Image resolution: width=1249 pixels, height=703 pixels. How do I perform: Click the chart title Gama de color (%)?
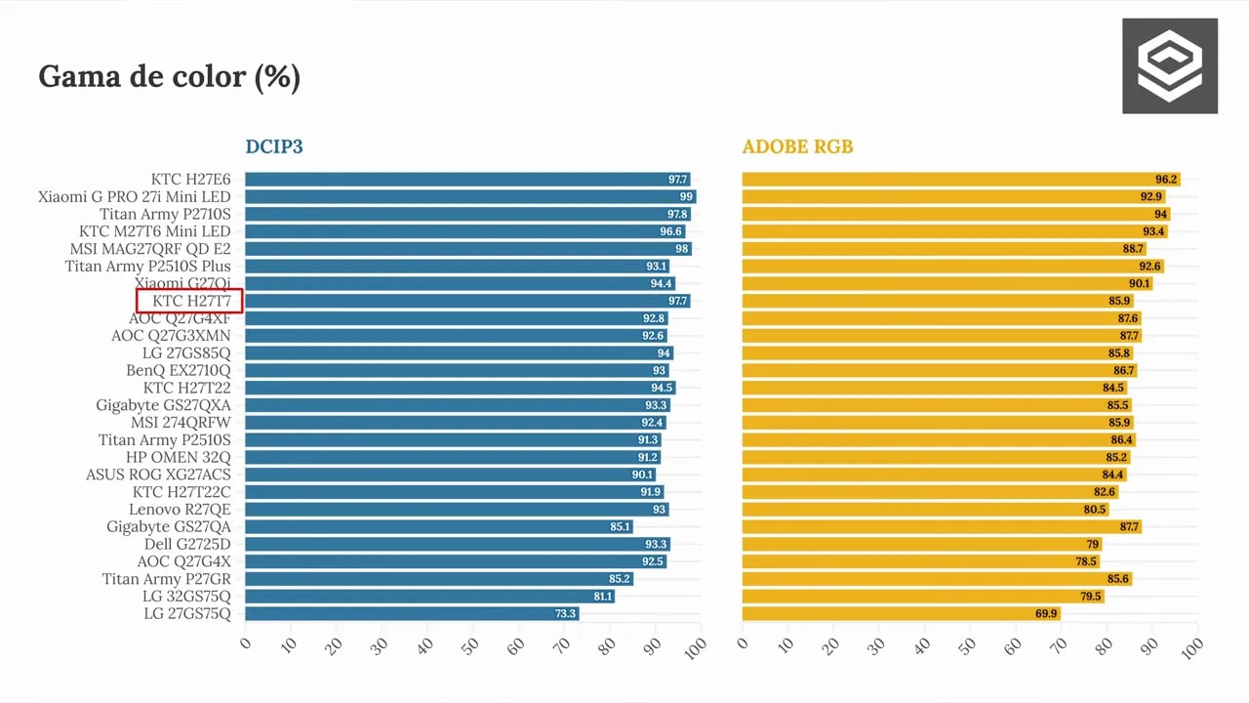(170, 77)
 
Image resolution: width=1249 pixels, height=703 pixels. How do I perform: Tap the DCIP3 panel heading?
(274, 146)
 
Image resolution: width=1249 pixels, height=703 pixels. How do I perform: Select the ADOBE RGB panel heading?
(797, 146)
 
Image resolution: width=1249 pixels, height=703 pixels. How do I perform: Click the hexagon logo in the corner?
(1170, 65)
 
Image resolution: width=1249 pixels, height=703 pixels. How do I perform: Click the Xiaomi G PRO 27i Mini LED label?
(134, 197)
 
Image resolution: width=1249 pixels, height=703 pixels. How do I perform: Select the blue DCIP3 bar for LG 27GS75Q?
(412, 614)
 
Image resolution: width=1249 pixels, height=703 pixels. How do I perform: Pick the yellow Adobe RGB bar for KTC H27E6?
(961, 179)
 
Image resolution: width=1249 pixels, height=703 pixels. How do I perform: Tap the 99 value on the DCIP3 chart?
(686, 197)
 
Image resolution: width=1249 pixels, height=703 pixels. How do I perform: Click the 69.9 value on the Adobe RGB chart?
(1046, 614)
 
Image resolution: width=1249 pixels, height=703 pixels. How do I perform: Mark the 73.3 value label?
(565, 614)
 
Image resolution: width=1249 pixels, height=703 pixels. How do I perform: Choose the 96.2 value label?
(1166, 179)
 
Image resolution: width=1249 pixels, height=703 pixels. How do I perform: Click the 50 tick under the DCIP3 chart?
(470, 646)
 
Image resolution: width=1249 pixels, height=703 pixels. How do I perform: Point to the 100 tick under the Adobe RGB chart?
(1192, 649)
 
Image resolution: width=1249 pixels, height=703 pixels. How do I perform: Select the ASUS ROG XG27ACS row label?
(158, 475)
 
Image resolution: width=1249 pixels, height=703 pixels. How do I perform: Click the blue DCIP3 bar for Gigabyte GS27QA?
(439, 526)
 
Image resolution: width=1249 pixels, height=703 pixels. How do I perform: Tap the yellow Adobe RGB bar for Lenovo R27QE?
(926, 510)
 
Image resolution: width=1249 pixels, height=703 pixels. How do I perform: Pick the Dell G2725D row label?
(187, 544)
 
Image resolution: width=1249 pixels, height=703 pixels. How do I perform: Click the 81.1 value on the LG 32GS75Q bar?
(603, 597)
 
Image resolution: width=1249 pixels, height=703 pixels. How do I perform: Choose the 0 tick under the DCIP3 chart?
(245, 643)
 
